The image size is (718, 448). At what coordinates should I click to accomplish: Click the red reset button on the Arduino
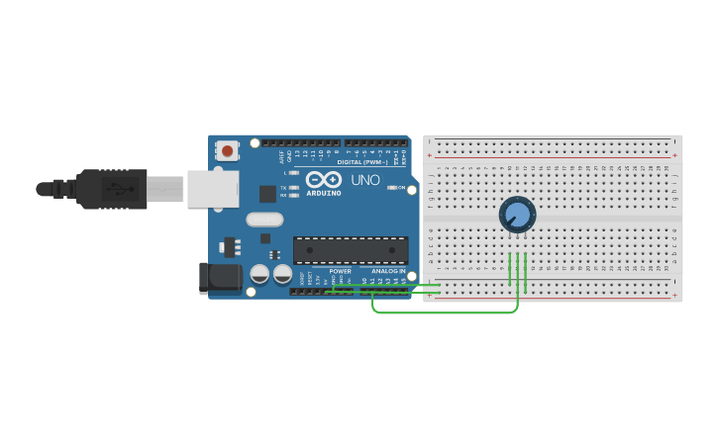point(228,151)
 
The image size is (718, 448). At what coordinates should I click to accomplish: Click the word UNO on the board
point(365,180)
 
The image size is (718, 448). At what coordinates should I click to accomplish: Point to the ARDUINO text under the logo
point(323,193)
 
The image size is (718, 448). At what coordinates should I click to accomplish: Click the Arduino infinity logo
point(323,179)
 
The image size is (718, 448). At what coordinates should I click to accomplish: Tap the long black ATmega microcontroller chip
point(351,250)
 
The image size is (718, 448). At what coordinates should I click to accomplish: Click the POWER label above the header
point(340,271)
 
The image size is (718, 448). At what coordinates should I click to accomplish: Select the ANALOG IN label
point(388,271)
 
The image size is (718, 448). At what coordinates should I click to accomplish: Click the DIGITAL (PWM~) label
point(362,161)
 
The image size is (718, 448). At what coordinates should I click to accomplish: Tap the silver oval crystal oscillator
point(264,220)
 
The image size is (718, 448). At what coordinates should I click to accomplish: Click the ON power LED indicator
point(392,187)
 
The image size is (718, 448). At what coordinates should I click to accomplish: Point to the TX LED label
point(283,187)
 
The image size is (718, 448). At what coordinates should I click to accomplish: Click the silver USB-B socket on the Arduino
point(213,188)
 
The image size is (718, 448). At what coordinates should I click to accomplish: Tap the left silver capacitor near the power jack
point(259,273)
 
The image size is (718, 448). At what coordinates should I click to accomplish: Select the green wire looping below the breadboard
point(446,313)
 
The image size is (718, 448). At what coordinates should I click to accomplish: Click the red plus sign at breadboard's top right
point(675,155)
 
